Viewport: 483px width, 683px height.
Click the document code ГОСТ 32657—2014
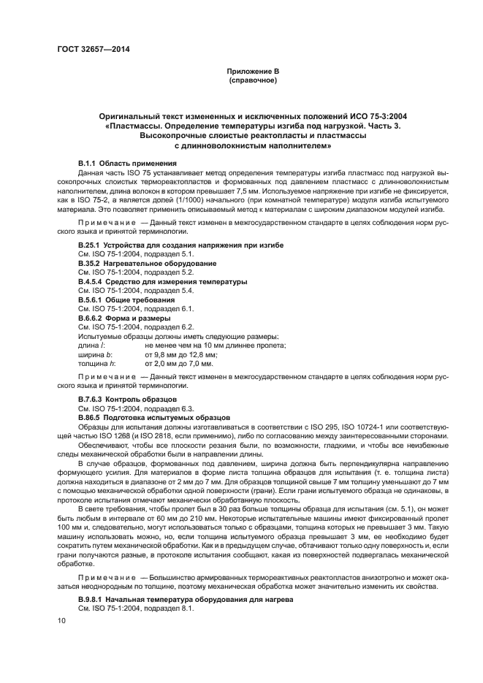point(89,50)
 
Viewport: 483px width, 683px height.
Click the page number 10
point(62,620)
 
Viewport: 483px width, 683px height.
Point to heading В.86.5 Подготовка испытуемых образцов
point(153,419)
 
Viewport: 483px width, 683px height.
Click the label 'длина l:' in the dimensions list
point(91,346)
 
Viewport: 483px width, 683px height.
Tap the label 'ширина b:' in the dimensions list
point(94,354)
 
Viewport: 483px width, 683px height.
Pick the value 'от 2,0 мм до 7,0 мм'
point(179,363)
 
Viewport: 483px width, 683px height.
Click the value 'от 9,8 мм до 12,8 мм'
point(181,354)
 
